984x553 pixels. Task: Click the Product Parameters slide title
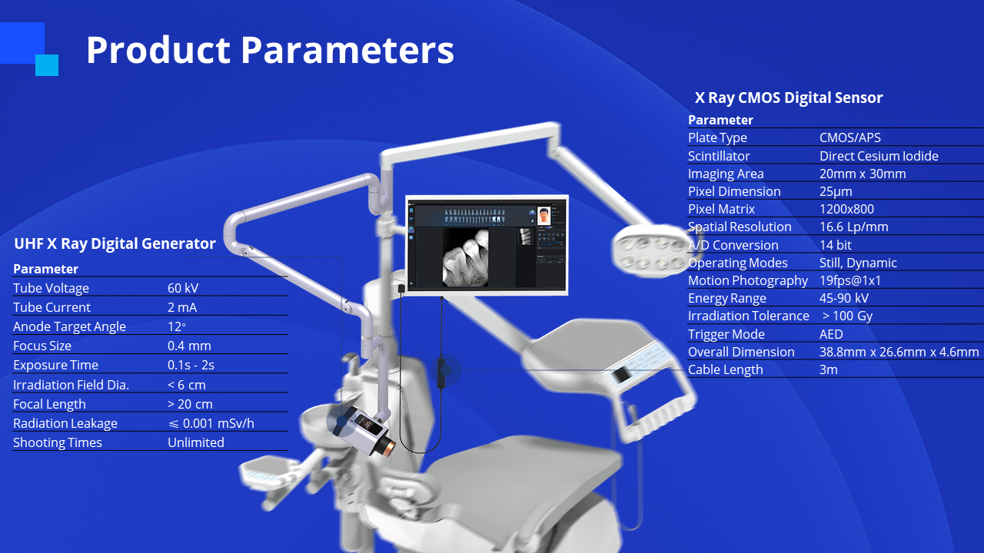click(x=270, y=50)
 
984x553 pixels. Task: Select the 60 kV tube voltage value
click(x=183, y=288)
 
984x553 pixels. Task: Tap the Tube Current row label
click(x=52, y=307)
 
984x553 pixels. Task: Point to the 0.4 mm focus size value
click(x=189, y=346)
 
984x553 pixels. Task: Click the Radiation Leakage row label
click(x=65, y=423)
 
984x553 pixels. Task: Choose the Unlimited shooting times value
click(x=196, y=442)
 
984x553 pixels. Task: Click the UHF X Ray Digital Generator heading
click(x=115, y=243)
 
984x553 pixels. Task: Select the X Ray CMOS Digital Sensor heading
click(x=789, y=98)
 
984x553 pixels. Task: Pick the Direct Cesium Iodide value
click(x=879, y=156)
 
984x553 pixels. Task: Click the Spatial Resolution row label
click(x=740, y=227)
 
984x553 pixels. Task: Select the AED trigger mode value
click(x=831, y=334)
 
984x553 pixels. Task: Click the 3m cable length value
click(x=829, y=369)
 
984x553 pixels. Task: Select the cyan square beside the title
click(x=47, y=65)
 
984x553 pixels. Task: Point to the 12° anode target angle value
click(x=177, y=326)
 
